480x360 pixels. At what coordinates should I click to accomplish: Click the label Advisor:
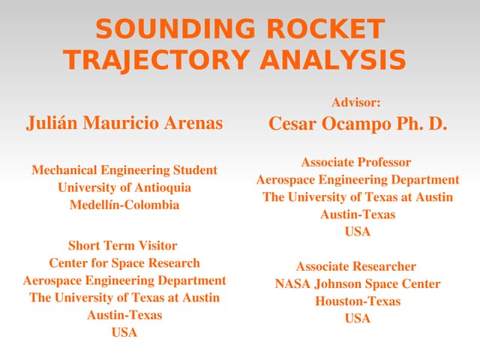click(356, 103)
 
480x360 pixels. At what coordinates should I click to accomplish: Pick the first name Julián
click(52, 123)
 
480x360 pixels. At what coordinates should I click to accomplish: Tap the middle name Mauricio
click(124, 123)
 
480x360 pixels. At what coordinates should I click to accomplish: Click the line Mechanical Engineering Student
click(124, 170)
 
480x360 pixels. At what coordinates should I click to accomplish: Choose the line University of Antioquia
click(124, 187)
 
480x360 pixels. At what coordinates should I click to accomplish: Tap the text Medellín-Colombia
click(124, 205)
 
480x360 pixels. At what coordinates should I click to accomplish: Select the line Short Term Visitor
click(123, 245)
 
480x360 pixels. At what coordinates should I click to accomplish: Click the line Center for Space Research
click(124, 263)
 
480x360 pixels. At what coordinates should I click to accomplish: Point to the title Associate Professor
click(356, 162)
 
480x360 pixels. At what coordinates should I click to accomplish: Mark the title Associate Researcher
click(356, 266)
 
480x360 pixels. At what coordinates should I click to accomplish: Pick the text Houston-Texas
click(358, 301)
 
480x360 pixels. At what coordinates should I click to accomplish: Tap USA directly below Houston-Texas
click(358, 319)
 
